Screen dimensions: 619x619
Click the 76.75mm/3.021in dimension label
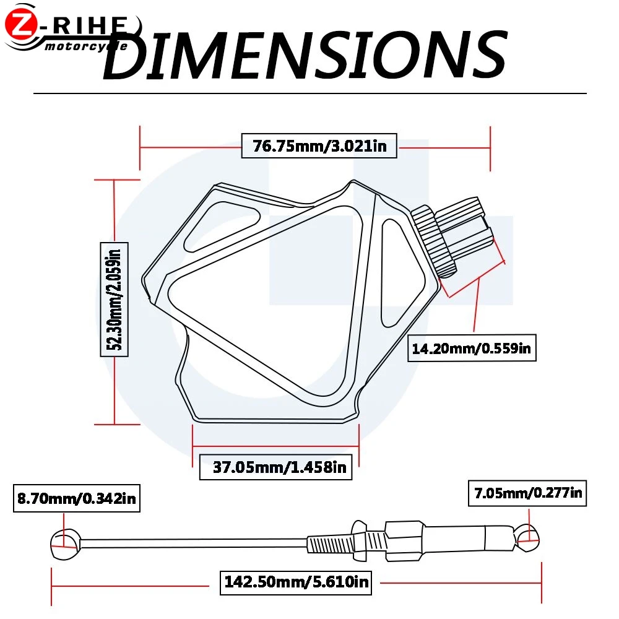tap(319, 145)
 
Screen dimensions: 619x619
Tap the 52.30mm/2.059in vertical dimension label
tap(114, 299)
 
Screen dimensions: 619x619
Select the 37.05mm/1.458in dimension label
tap(275, 467)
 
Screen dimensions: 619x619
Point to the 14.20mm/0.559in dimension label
tap(471, 348)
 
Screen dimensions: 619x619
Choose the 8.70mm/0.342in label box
tap(77, 498)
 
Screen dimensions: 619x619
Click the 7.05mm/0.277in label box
tap(527, 493)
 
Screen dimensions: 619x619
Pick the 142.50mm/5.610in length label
tap(296, 581)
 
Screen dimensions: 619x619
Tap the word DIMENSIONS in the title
tap(305, 54)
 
